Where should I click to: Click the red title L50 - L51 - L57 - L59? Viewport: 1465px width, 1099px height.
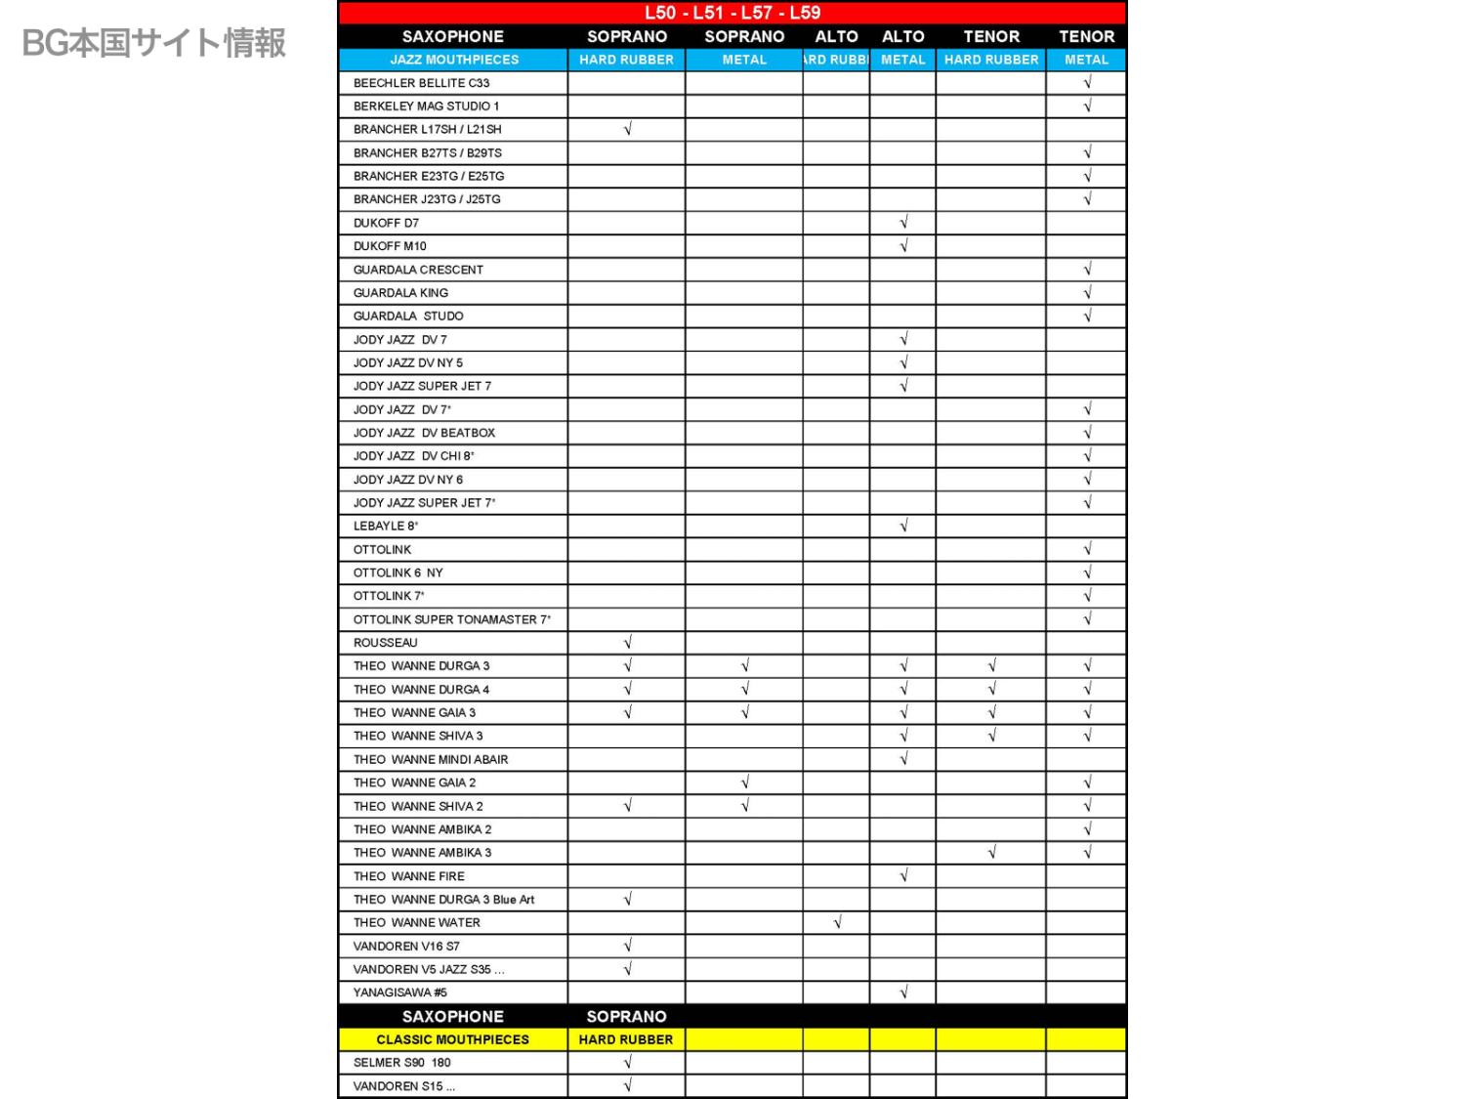coord(732,13)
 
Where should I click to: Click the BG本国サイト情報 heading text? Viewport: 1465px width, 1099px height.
coord(154,43)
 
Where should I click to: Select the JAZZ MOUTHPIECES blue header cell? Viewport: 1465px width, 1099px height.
coord(454,60)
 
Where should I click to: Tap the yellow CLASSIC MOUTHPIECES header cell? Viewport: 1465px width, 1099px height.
coord(453,1039)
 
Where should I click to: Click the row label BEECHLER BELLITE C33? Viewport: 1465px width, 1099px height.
coord(422,83)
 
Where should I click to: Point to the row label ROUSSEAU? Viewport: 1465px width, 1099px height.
coord(386,643)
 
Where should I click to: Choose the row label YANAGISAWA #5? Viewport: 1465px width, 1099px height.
coord(400,993)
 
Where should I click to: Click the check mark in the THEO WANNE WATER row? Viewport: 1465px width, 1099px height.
coord(837,922)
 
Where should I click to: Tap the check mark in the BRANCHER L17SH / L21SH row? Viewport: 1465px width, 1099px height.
coord(627,129)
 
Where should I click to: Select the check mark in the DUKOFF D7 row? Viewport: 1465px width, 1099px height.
coord(903,223)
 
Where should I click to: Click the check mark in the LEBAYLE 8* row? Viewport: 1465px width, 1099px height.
coord(903,526)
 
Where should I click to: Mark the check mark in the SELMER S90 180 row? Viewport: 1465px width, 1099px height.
coord(627,1063)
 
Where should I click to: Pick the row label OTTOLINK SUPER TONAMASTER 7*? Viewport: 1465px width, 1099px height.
coord(452,619)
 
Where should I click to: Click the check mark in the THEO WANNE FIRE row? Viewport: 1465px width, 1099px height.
coord(903,876)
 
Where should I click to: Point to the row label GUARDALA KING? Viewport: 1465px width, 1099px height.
coord(401,293)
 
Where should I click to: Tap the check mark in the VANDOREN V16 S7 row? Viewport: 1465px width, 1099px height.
coord(627,946)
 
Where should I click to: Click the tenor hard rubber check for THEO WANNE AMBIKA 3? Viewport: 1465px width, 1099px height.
coord(991,853)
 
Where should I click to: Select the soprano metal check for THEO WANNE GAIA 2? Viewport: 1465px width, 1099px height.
coord(744,782)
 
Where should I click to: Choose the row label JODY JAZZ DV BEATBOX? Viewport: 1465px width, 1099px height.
coord(425,433)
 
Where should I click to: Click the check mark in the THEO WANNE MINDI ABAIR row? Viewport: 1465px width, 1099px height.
coord(903,759)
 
